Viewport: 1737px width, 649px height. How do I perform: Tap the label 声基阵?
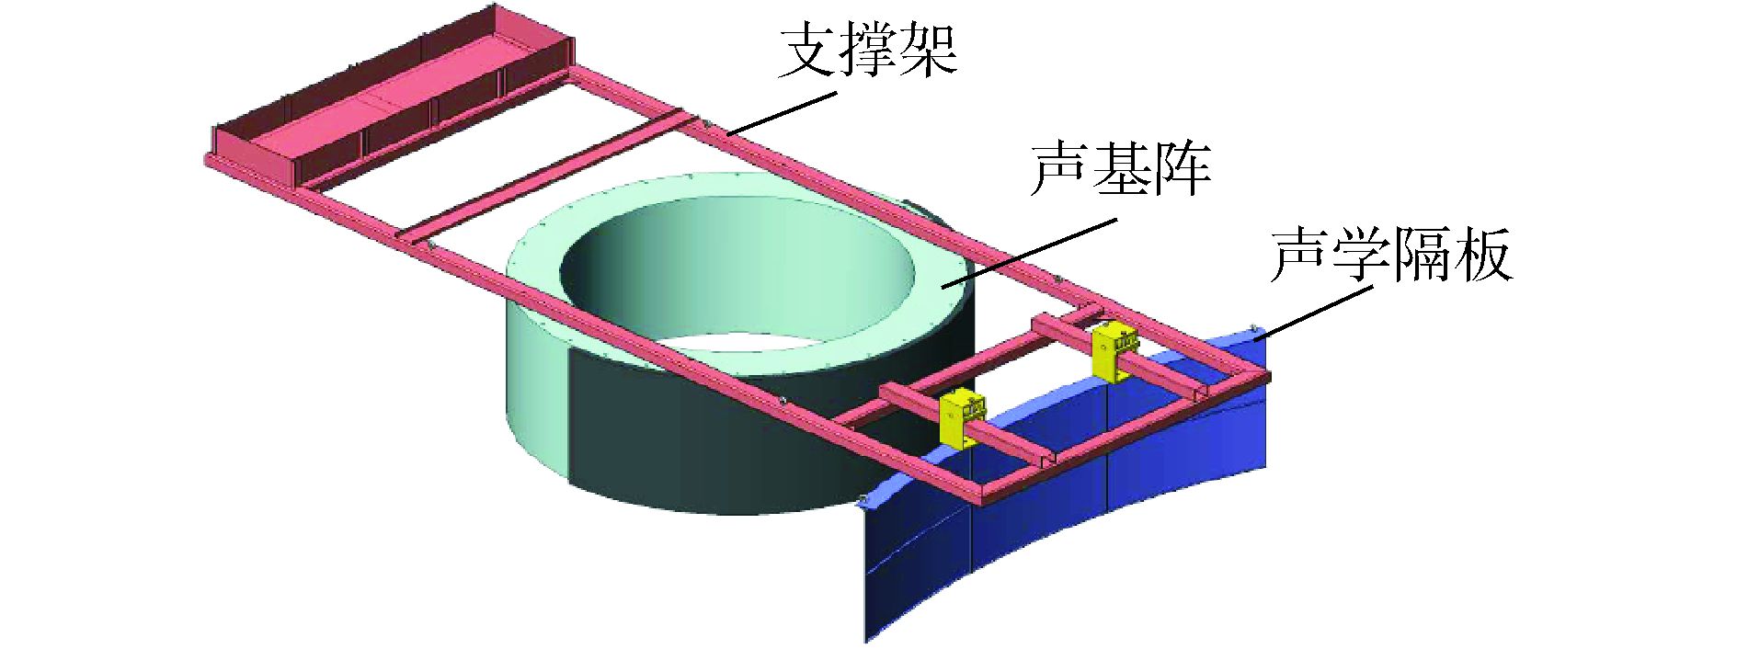point(1120,168)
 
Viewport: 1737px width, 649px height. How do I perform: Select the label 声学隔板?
point(1390,255)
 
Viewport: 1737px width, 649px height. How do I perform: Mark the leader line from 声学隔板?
point(1315,312)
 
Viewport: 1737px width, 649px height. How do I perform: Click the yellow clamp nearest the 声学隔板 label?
point(1114,351)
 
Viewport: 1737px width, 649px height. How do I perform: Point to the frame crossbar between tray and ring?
point(543,175)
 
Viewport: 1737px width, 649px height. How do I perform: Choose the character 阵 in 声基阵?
point(1181,168)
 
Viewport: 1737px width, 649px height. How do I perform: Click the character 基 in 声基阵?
point(1120,168)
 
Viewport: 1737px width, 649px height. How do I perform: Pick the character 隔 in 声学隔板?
point(1422,255)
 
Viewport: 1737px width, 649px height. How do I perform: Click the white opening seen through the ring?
point(736,345)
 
